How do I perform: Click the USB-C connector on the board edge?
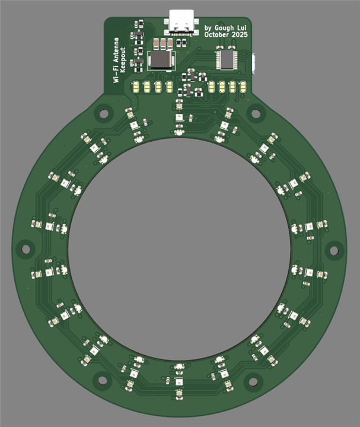(181, 23)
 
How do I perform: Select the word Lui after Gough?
(242, 27)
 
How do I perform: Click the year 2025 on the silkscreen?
(240, 34)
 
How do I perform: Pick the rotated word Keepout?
(123, 60)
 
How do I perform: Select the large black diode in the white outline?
(161, 60)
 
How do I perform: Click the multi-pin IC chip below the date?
(227, 59)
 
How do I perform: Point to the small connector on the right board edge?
(254, 64)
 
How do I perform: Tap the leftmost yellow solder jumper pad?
(136, 87)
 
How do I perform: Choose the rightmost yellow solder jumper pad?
(243, 87)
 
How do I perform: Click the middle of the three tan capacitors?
(163, 43)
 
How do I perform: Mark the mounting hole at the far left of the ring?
(26, 249)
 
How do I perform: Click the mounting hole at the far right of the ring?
(334, 250)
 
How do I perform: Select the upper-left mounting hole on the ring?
(103, 113)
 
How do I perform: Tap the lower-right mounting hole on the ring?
(253, 381)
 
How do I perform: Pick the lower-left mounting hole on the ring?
(103, 381)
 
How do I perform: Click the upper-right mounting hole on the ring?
(256, 113)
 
